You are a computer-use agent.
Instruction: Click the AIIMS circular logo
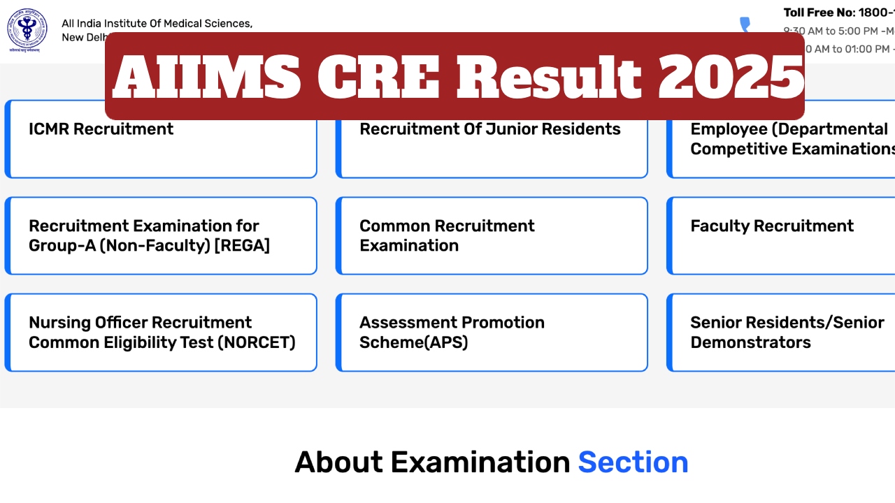tap(27, 30)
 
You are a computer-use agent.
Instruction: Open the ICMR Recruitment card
tap(161, 139)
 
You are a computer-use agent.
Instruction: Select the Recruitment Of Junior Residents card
tap(492, 139)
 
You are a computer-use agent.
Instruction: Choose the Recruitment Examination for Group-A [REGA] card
tap(161, 235)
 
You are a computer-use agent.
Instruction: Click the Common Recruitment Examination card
tap(492, 235)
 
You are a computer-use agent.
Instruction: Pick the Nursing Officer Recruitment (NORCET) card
tap(161, 333)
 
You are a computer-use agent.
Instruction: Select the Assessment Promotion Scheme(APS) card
tap(492, 333)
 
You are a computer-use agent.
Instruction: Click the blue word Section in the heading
tap(633, 462)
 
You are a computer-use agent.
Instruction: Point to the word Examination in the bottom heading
tap(480, 462)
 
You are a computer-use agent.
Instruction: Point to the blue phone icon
tap(745, 25)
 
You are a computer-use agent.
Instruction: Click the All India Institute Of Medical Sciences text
tap(157, 24)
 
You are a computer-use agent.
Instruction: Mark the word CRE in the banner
tap(378, 77)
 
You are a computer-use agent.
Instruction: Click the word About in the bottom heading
tap(338, 462)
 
